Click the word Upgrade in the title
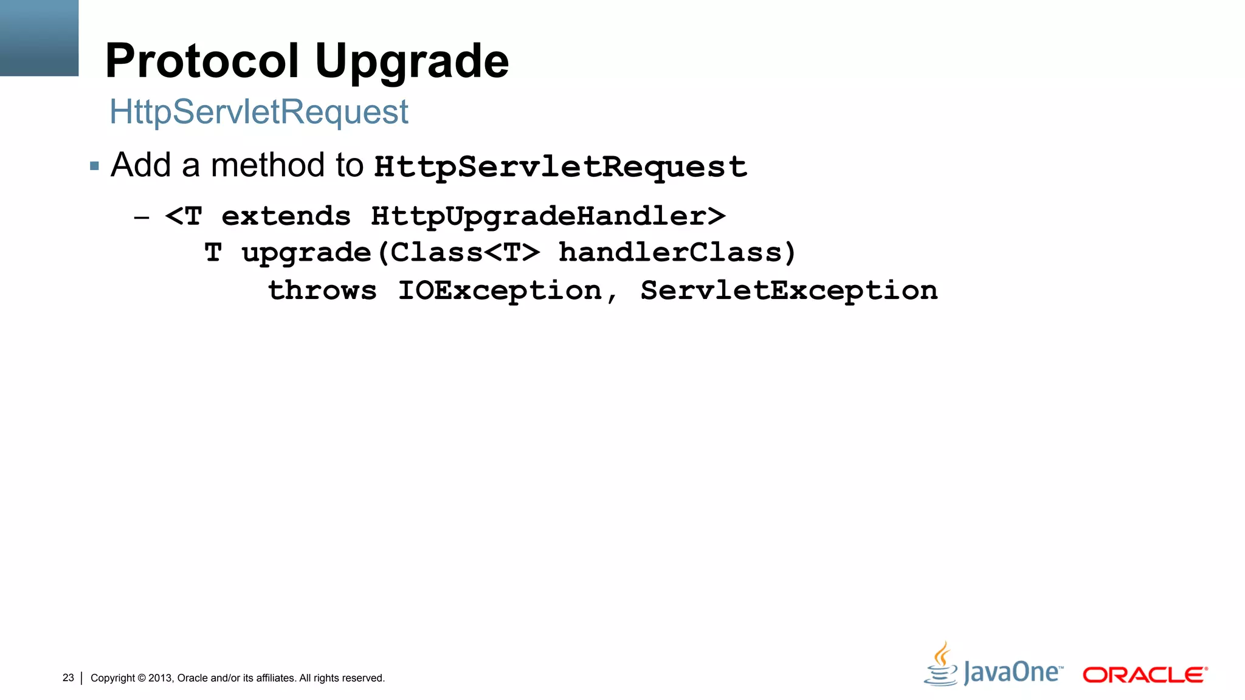[412, 62]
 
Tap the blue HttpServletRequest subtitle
[258, 112]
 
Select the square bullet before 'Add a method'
[94, 166]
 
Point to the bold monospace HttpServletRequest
[560, 166]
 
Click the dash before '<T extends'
[142, 217]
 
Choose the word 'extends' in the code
[286, 216]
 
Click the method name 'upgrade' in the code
[306, 253]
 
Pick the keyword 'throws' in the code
[322, 290]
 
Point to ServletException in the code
[788, 290]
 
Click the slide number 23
[68, 678]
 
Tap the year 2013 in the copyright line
[160, 678]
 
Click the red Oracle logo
[1145, 675]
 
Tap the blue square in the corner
[39, 38]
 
